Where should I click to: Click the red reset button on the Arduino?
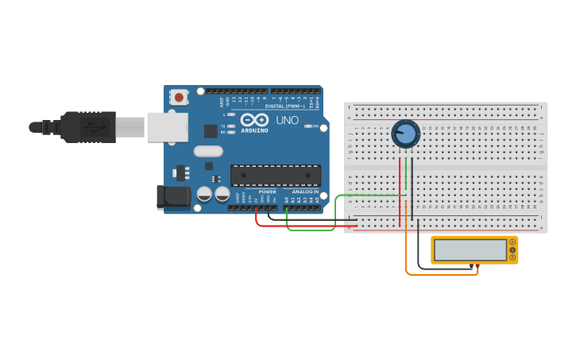click(x=180, y=98)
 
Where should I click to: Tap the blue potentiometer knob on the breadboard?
click(x=406, y=134)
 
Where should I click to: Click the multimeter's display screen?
click(x=470, y=250)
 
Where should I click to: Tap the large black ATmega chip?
click(x=275, y=176)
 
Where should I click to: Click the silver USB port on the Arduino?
click(x=168, y=127)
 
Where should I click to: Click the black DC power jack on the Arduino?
click(x=173, y=197)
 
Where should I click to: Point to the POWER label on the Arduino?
click(x=267, y=192)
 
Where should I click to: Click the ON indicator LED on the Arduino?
click(x=307, y=126)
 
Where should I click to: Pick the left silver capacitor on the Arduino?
click(x=205, y=193)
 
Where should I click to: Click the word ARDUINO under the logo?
click(x=255, y=130)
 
